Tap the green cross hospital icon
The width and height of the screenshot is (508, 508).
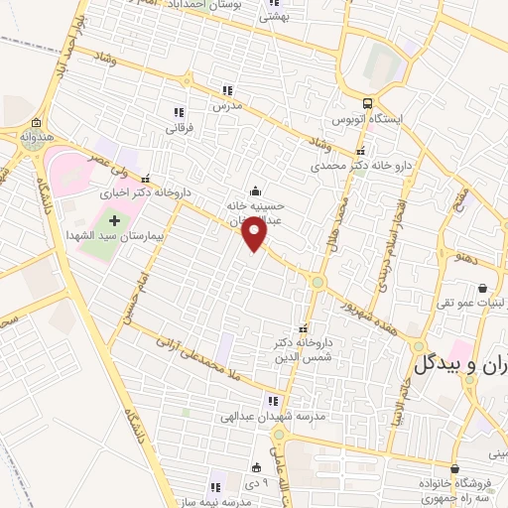(x=114, y=219)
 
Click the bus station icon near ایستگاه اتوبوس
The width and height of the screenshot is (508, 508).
(x=368, y=103)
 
